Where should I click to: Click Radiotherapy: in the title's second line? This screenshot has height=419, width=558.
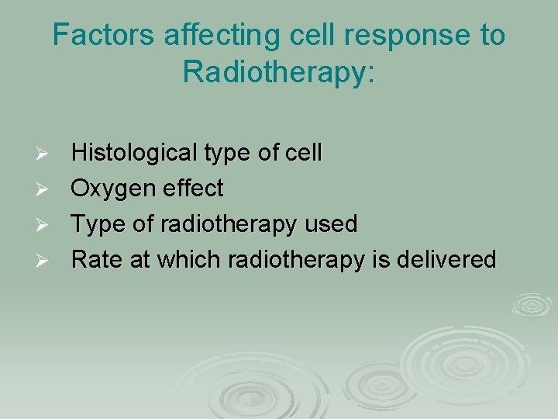[x=279, y=72]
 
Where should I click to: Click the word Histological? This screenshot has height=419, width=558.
[x=133, y=154]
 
